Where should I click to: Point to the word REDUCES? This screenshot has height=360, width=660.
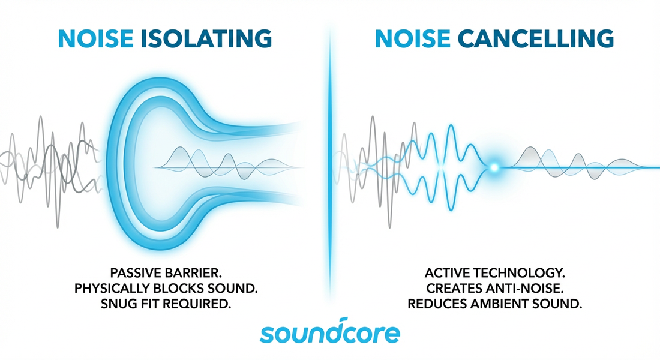click(437, 304)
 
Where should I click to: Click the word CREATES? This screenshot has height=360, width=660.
click(451, 289)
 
